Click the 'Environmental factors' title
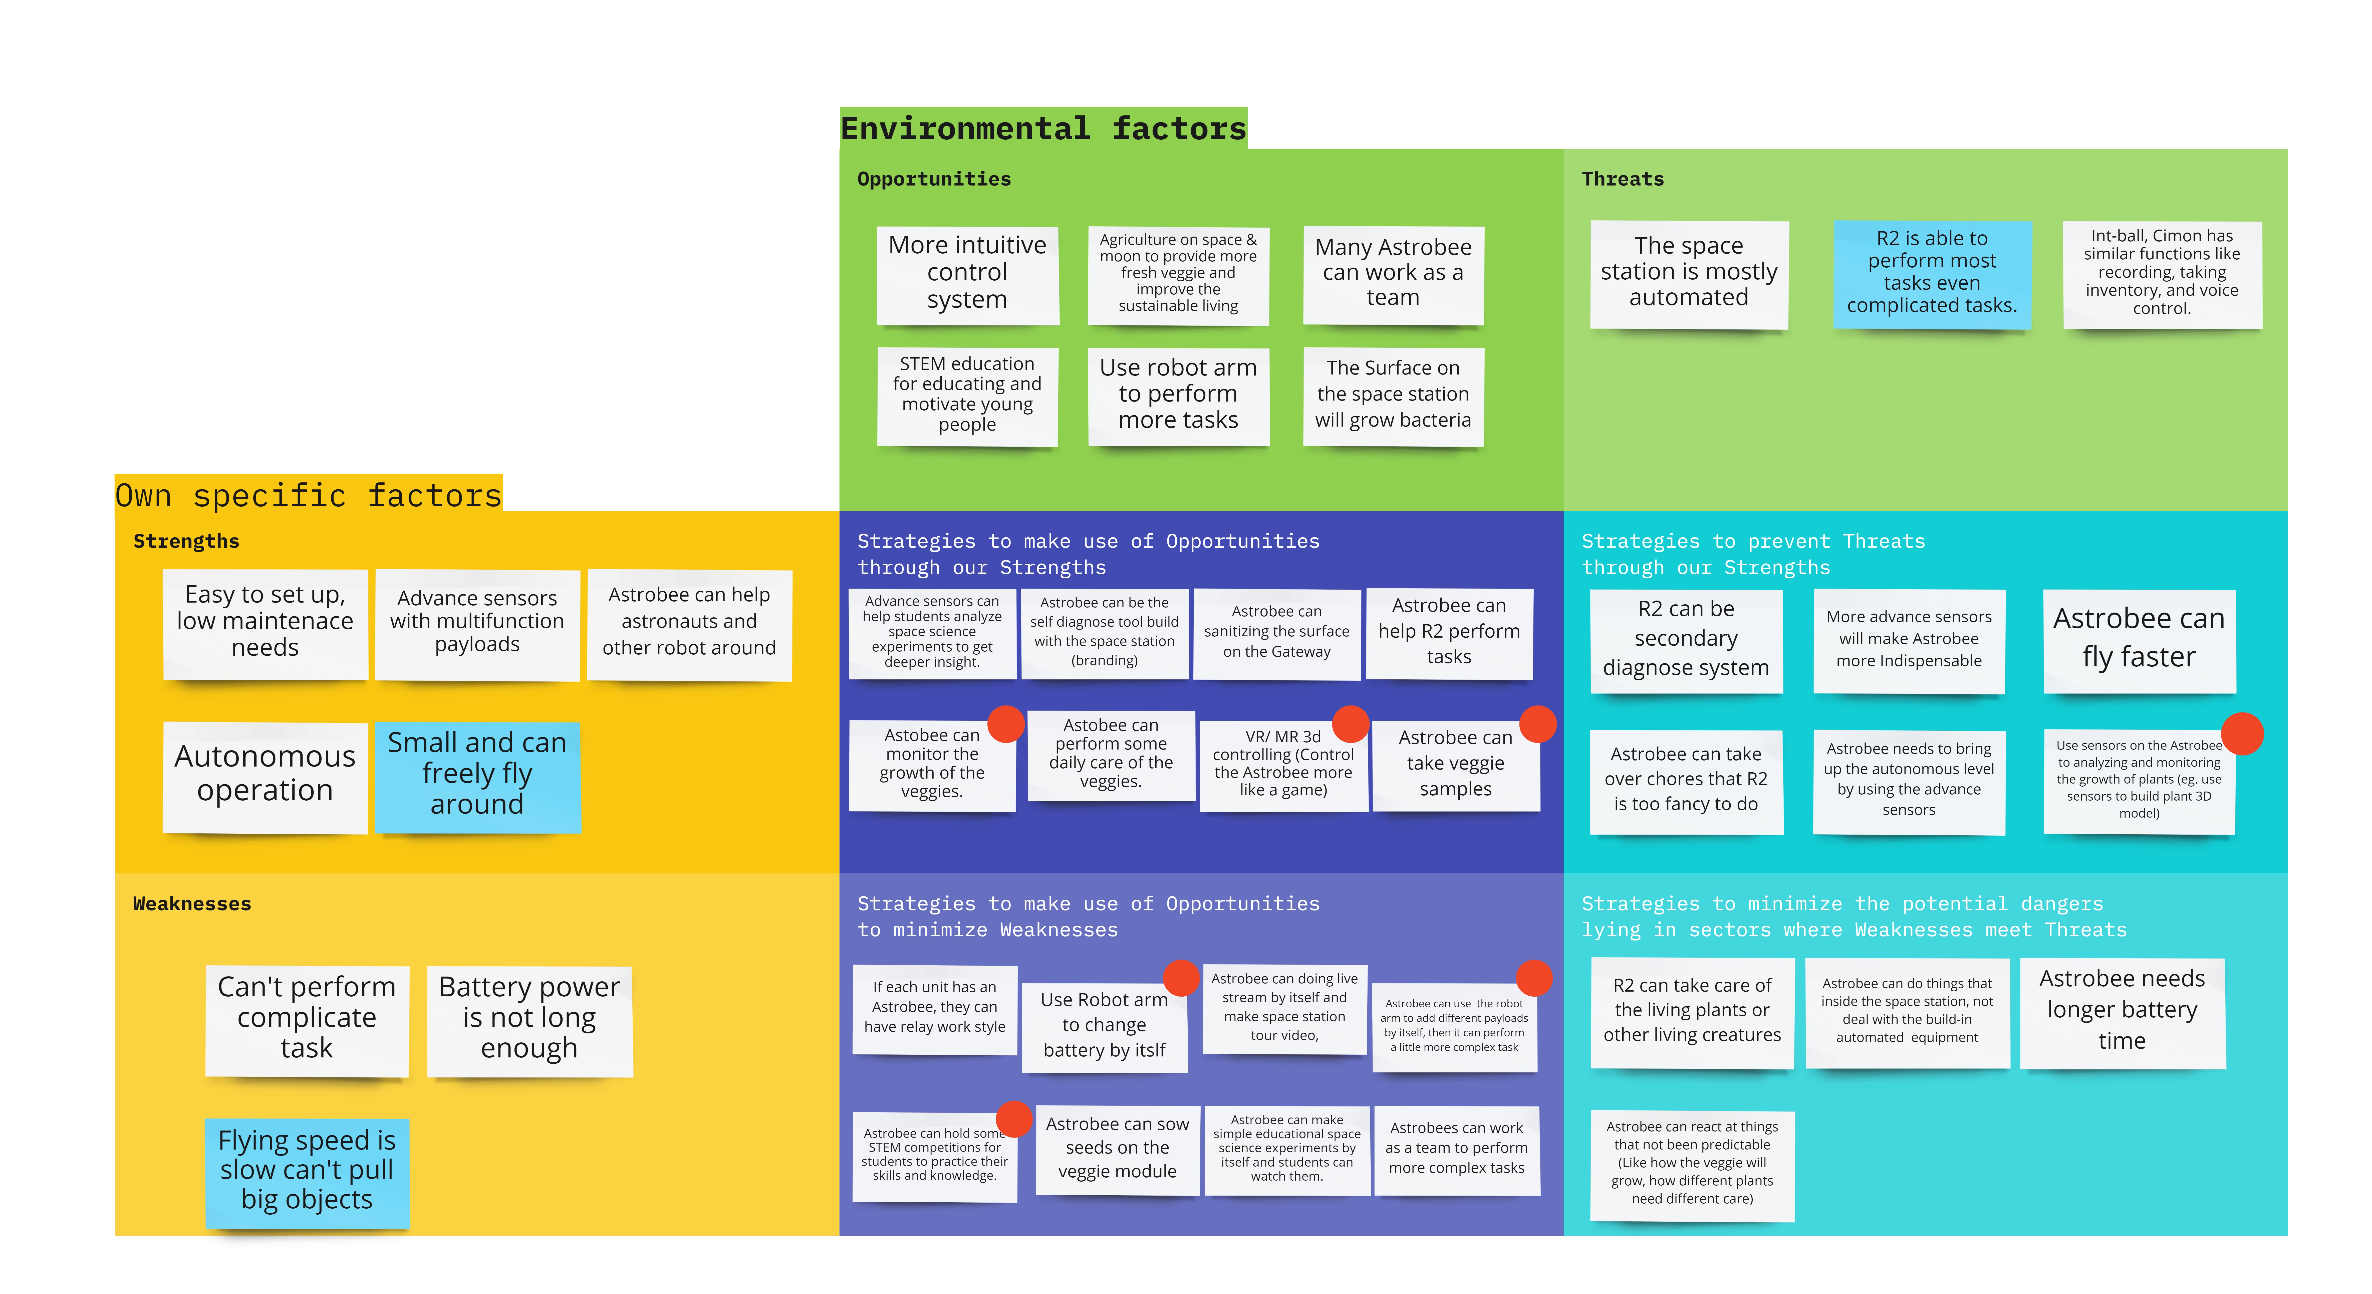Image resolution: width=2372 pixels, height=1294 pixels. coord(1043,128)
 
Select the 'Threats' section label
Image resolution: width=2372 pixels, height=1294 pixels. coord(1623,179)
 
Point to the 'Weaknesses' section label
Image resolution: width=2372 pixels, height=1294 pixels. coord(191,903)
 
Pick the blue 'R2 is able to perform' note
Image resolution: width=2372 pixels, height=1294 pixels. coord(1932,274)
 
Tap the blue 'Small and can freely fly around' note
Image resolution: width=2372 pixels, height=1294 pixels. coord(477,776)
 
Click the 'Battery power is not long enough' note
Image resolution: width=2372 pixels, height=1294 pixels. coord(530,1020)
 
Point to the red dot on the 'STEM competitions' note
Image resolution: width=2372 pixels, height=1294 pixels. coord(1014,1119)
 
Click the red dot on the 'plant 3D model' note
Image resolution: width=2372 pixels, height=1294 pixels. coord(2242,734)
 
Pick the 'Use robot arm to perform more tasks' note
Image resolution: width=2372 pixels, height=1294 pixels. coord(1178,395)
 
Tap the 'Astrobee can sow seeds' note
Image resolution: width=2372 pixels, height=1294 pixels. coord(1117,1149)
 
